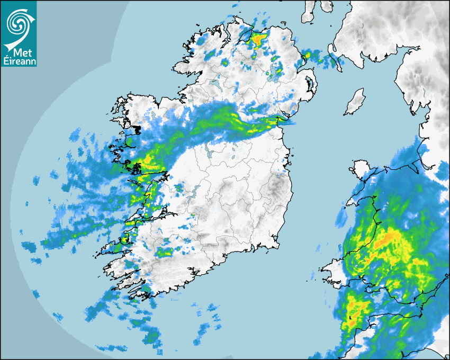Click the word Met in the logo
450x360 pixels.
tap(19, 52)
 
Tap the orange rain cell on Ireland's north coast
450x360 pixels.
tap(259, 39)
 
